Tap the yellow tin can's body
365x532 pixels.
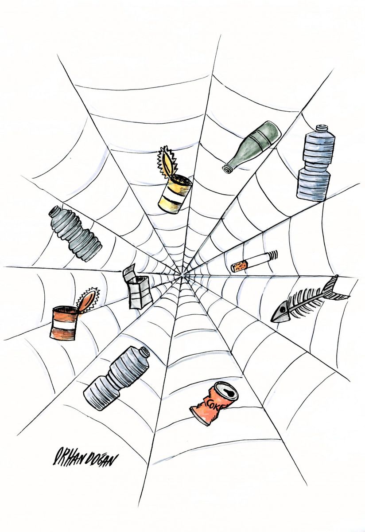click(x=175, y=194)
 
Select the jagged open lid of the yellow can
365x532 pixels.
click(x=167, y=161)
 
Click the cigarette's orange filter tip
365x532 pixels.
click(x=239, y=266)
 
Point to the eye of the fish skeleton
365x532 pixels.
click(x=282, y=310)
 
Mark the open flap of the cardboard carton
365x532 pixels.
click(x=129, y=272)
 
